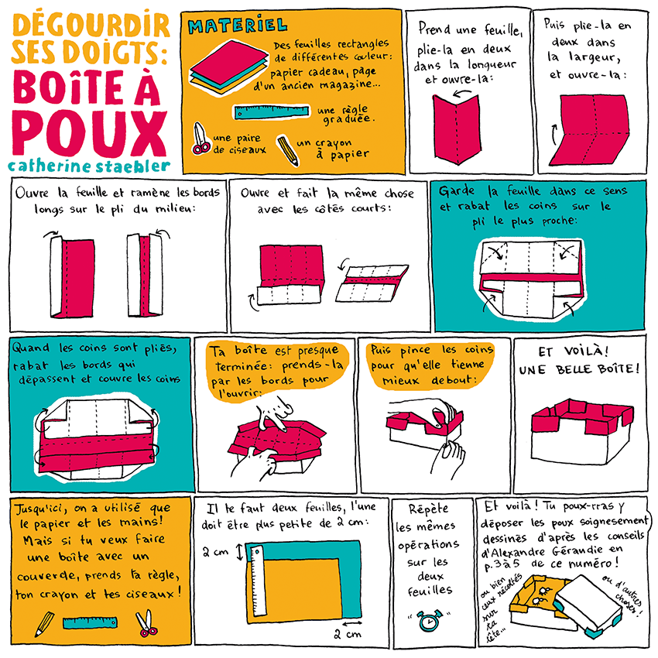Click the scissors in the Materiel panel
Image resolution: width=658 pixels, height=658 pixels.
coord(200,139)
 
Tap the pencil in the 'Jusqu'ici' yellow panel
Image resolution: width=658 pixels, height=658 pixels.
coord(43,622)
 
